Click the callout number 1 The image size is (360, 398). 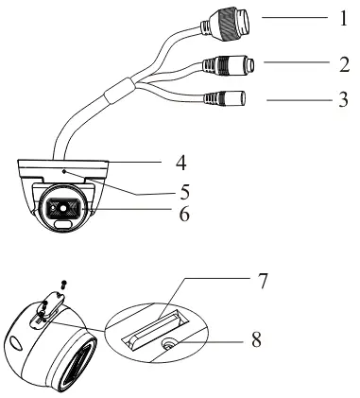click(x=343, y=18)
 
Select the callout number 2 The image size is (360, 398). click(x=344, y=64)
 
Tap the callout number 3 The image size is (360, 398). click(x=343, y=99)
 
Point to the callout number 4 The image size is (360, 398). click(x=181, y=163)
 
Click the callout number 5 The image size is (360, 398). click(x=185, y=192)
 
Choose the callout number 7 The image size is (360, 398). click(x=262, y=281)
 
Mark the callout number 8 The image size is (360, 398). click(x=256, y=339)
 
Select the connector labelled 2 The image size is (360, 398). click(x=229, y=65)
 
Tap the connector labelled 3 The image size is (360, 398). click(x=225, y=98)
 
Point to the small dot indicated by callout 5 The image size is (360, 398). click(x=64, y=171)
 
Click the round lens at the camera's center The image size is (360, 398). click(x=63, y=208)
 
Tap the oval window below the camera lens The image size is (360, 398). click(x=62, y=223)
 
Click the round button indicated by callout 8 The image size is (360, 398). click(x=170, y=344)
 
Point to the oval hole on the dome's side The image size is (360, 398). click(x=17, y=342)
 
